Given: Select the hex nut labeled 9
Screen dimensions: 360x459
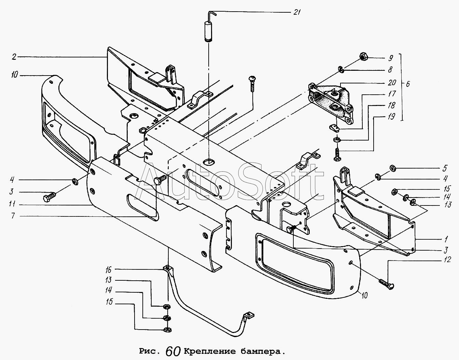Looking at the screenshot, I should [364, 57].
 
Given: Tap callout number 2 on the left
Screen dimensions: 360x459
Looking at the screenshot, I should [14, 57].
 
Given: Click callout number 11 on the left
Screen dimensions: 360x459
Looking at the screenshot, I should [13, 205].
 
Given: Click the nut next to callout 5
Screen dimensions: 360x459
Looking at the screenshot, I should [392, 168].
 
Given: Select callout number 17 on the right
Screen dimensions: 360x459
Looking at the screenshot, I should [392, 94].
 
